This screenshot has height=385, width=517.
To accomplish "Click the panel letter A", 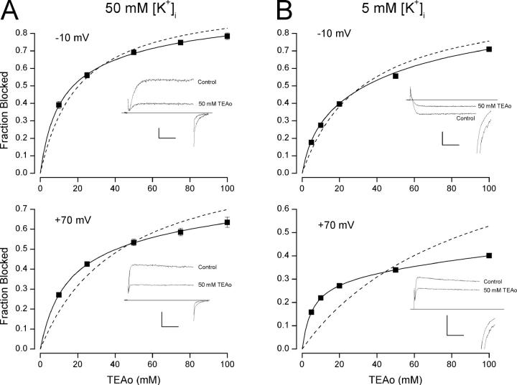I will click(x=9, y=11).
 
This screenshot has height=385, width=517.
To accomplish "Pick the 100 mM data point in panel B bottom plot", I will click(x=489, y=255).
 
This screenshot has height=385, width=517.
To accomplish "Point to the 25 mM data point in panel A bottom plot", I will click(x=87, y=264).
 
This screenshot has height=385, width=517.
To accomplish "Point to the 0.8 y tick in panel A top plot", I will click(x=27, y=33).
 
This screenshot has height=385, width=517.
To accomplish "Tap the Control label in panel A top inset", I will click(x=205, y=82).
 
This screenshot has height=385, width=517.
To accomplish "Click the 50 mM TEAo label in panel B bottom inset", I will click(x=496, y=290).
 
